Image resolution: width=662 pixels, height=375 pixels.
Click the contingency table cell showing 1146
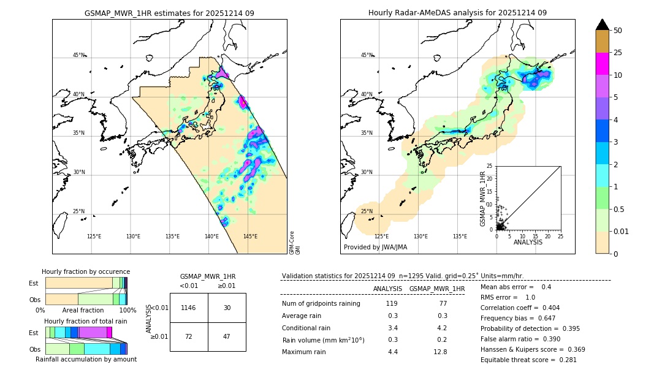click(x=189, y=308)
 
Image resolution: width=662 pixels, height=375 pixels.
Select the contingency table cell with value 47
click(x=227, y=336)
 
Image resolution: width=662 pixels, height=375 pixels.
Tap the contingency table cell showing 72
click(x=189, y=336)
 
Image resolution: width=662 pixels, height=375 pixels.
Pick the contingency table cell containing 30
click(x=227, y=308)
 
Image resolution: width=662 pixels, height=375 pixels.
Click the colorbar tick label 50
click(x=618, y=31)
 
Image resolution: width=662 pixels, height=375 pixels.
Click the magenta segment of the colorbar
click(x=602, y=64)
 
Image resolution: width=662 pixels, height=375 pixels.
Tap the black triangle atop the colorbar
click(x=602, y=25)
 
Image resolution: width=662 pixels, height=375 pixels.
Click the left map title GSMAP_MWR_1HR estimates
click(x=169, y=13)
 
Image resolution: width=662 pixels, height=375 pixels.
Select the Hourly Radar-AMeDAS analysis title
click(x=457, y=13)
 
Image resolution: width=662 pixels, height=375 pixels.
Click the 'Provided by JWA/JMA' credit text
click(x=375, y=248)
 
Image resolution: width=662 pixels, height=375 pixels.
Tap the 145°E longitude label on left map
click(x=250, y=237)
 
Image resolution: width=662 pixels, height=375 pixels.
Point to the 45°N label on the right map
click(x=366, y=55)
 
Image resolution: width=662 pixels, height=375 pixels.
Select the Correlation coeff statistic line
click(x=520, y=308)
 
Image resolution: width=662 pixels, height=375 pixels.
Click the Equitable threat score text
click(x=528, y=360)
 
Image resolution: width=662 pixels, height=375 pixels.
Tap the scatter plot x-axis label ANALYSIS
click(x=528, y=242)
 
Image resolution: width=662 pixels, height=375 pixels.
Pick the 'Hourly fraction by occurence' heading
click(x=86, y=271)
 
